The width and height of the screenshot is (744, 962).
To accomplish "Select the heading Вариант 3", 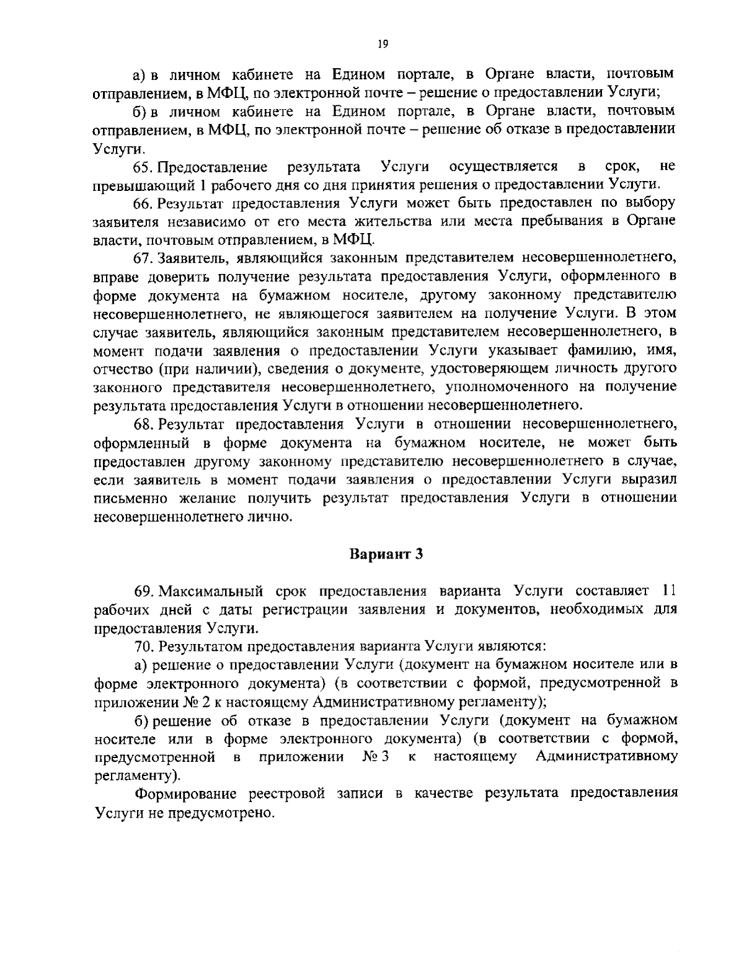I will pyautogui.click(x=386, y=554).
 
